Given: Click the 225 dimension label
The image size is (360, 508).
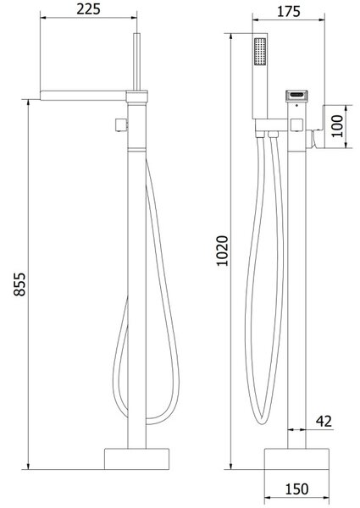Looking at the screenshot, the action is pyautogui.click(x=88, y=9).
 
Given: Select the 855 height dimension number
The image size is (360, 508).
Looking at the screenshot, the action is pyautogui.click(x=19, y=284).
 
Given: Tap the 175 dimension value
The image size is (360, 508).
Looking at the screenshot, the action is pyautogui.click(x=289, y=12).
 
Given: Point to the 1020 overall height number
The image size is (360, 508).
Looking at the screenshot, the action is pyautogui.click(x=222, y=251).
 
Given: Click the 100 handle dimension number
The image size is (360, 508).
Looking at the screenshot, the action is pyautogui.click(x=337, y=126).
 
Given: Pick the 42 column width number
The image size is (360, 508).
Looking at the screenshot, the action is pyautogui.click(x=324, y=421).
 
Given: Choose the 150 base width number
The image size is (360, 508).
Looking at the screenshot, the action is pyautogui.click(x=296, y=489).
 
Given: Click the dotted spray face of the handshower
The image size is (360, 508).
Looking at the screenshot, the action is pyautogui.click(x=260, y=52).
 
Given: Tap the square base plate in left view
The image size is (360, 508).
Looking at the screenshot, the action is pyautogui.click(x=136, y=459).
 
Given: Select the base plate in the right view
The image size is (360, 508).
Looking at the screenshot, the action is pyautogui.click(x=296, y=459).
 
